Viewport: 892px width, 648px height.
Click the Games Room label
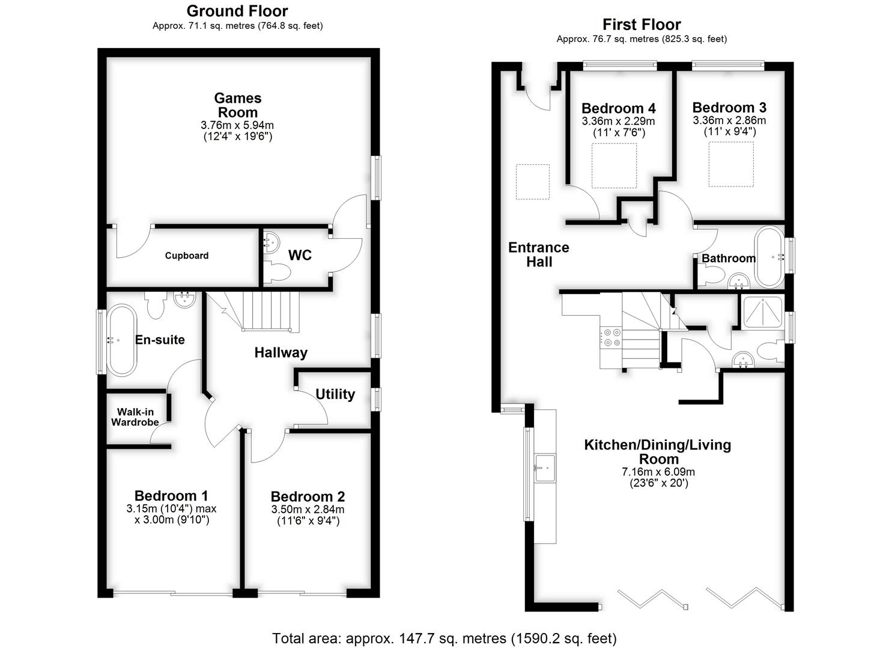238,105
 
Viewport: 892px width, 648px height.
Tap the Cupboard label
187,256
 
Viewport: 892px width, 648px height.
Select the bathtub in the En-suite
121,340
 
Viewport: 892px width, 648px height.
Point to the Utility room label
335,394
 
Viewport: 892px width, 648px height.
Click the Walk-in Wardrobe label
135,417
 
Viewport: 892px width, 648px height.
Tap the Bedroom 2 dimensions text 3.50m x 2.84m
308,509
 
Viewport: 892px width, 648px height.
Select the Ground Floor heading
237,11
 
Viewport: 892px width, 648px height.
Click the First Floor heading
642,25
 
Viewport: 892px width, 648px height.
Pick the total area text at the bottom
444,638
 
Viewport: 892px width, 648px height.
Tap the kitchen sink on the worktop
545,468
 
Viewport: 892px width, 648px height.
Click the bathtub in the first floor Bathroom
769,257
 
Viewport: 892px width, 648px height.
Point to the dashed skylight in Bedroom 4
614,166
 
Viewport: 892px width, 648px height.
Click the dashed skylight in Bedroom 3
731,164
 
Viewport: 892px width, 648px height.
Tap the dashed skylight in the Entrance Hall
533,182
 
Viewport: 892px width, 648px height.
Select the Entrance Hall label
539,254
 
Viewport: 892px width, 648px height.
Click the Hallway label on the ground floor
281,352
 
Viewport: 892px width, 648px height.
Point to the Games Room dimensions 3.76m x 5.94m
237,125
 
